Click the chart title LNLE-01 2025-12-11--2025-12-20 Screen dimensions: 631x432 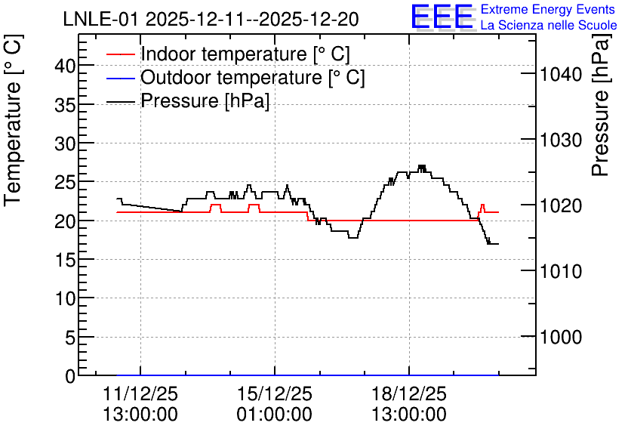coord(211,19)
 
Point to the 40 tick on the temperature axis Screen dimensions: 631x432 coord(65,66)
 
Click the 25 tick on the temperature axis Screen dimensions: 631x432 coord(65,182)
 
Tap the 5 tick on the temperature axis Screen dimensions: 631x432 coord(70,338)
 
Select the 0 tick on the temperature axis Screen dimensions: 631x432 coord(70,376)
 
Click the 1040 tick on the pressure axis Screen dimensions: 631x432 coord(561,74)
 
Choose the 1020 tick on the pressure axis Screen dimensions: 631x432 coord(561,205)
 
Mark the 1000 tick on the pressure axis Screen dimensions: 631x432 coord(561,337)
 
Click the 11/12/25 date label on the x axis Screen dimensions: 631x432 coord(140,393)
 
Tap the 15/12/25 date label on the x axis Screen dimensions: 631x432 coord(275,393)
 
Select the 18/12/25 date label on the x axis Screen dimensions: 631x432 coord(409,393)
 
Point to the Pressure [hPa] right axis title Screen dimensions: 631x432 coord(600,105)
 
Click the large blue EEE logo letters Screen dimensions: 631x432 coord(442,17)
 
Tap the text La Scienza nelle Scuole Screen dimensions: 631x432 coord(549,26)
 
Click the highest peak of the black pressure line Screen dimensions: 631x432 coord(421,166)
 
